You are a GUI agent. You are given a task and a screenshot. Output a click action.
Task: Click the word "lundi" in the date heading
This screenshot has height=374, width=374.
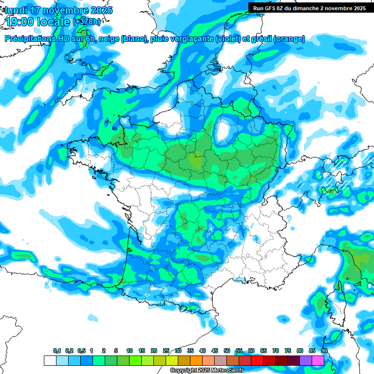tap(16, 10)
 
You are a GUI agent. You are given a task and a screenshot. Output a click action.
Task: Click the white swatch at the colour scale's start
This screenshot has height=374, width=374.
tap(50, 361)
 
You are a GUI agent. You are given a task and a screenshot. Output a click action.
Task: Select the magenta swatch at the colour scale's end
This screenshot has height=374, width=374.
tap(318, 361)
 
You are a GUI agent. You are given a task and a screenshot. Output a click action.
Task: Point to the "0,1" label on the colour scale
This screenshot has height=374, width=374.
tap(57, 351)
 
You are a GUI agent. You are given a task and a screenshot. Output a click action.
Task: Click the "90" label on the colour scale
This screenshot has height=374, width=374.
tap(324, 351)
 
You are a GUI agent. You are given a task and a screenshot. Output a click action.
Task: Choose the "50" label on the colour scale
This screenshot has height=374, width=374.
tap(227, 351)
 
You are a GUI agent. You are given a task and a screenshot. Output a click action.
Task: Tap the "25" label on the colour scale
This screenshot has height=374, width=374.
tap(166, 351)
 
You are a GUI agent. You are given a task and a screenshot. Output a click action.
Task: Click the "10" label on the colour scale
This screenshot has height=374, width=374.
tap(130, 351)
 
